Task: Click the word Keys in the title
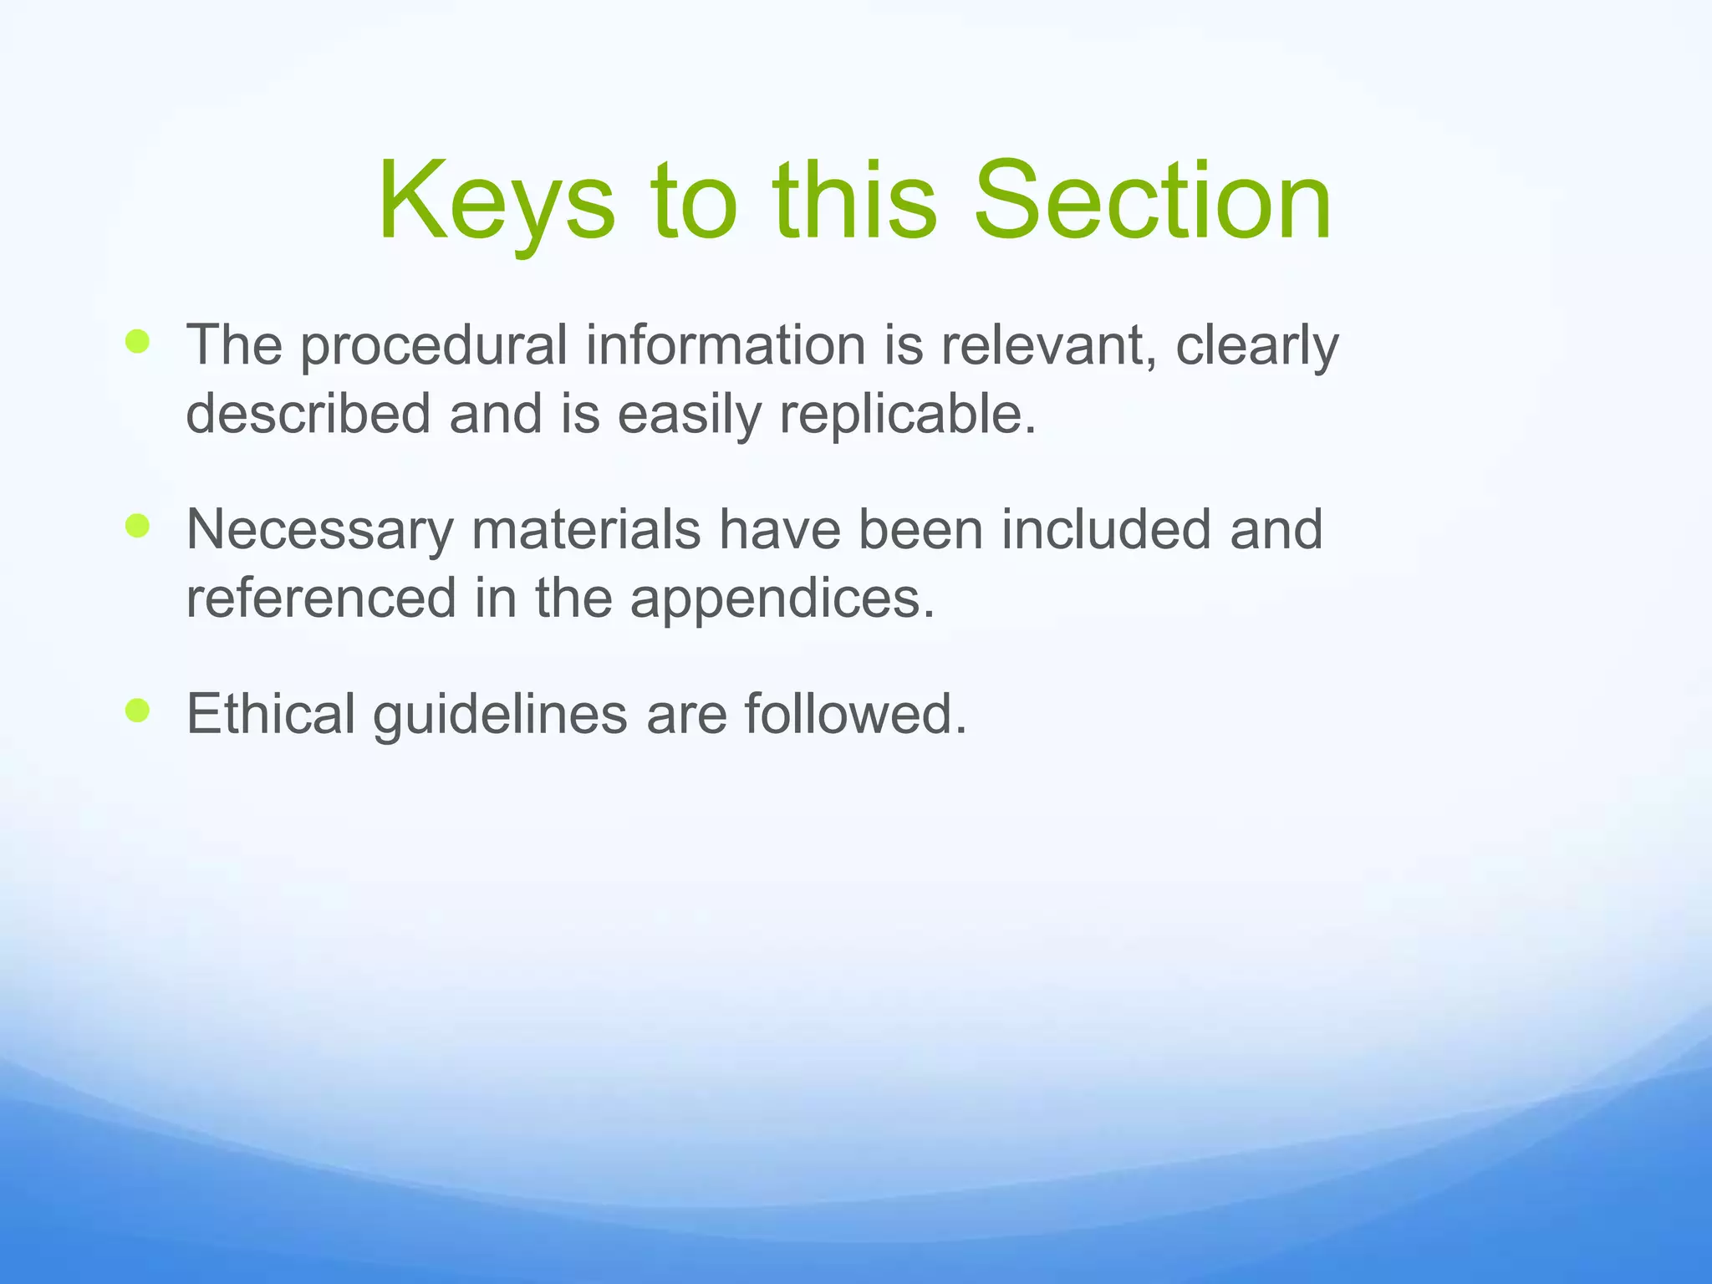496,202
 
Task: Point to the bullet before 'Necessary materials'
137,526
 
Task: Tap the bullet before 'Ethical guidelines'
137,711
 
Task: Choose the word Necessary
319,531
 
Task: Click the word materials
585,529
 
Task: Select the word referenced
320,598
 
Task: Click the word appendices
782,599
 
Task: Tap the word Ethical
271,714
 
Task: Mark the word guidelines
499,716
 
